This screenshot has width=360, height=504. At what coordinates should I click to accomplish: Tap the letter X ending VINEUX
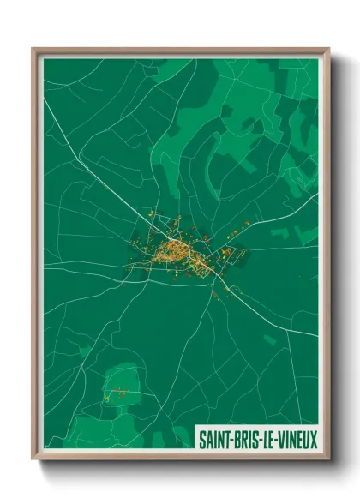313,440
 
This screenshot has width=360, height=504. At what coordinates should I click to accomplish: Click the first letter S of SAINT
202,440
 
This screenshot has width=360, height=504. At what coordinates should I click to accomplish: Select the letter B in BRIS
235,440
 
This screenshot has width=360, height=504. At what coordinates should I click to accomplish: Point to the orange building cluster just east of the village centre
226,252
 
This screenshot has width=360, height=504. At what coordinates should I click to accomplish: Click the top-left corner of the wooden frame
33,49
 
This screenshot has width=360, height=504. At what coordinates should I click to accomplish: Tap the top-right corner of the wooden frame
328,49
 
